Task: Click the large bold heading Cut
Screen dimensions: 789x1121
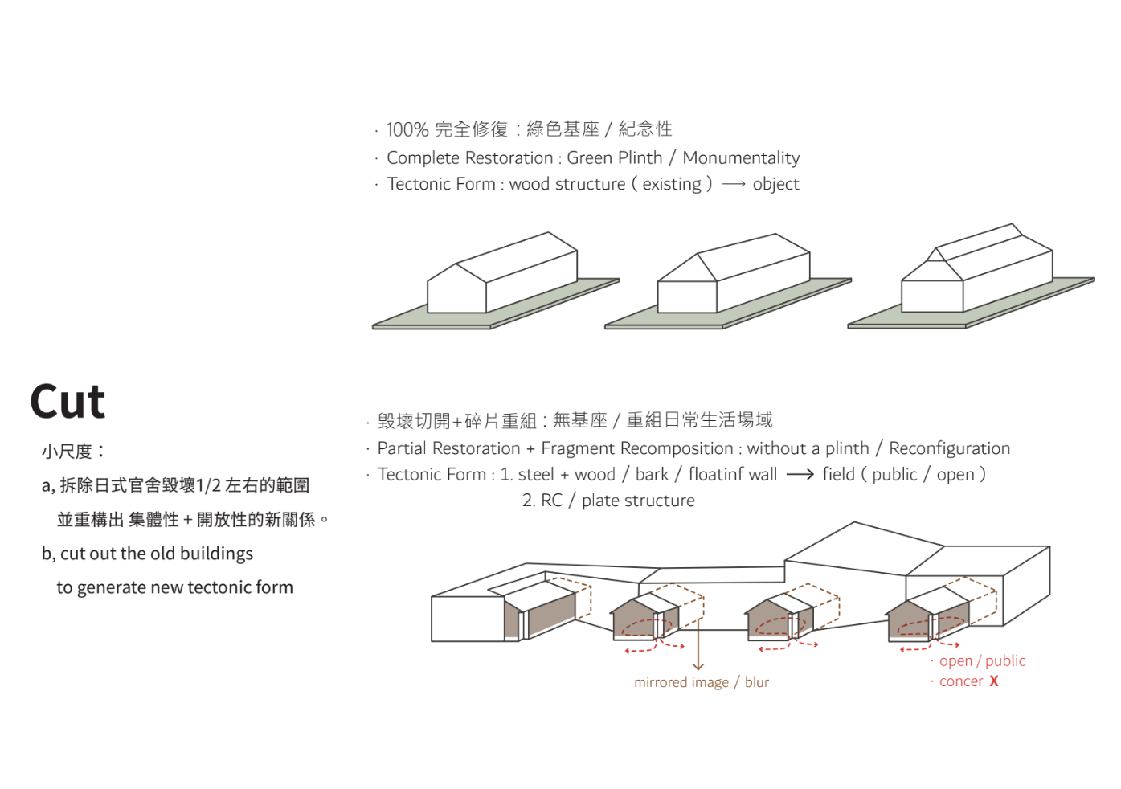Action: tap(68, 402)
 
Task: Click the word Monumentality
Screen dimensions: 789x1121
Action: tap(741, 158)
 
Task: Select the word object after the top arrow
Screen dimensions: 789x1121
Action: tap(775, 185)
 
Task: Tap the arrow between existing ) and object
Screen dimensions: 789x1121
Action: tap(733, 185)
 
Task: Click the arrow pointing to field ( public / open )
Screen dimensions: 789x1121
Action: tap(800, 475)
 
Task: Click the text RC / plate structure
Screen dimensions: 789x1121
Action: tap(608, 501)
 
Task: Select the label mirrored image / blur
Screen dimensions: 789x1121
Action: tap(701, 682)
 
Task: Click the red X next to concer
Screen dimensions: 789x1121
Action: tap(994, 681)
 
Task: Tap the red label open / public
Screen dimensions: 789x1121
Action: tap(982, 661)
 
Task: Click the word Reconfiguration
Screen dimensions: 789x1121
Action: tap(949, 448)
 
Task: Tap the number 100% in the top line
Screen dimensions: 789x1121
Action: tap(407, 129)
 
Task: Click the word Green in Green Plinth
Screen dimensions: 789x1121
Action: tap(590, 158)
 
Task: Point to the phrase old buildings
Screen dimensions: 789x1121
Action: tap(215, 554)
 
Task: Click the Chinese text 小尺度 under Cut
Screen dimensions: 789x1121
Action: tap(68, 452)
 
